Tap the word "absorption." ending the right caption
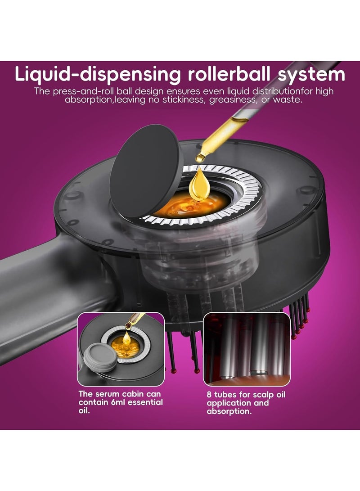pyautogui.click(x=229, y=411)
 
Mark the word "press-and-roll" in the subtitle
pyautogui.click(x=78, y=92)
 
